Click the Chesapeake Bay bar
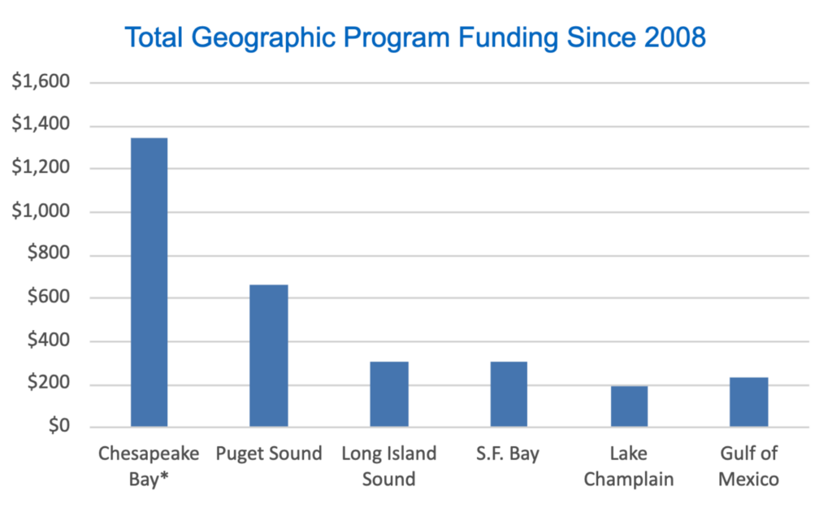(149, 282)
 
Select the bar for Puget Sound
(269, 356)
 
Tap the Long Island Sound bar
(389, 394)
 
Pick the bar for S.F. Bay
(509, 394)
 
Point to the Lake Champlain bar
(629, 406)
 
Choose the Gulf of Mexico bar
(748, 402)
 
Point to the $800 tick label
(47, 255)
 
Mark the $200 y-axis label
(47, 384)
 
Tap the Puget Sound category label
(269, 454)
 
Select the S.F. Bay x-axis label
(509, 454)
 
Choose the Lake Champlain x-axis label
(629, 465)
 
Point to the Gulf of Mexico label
(748, 465)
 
